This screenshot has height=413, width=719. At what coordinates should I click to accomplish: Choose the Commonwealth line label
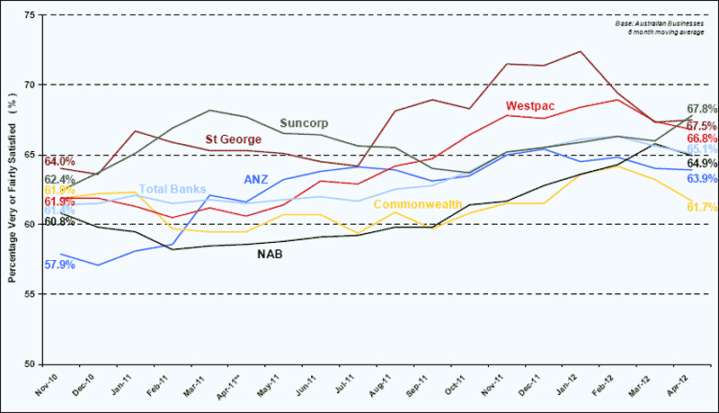[418, 204]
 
